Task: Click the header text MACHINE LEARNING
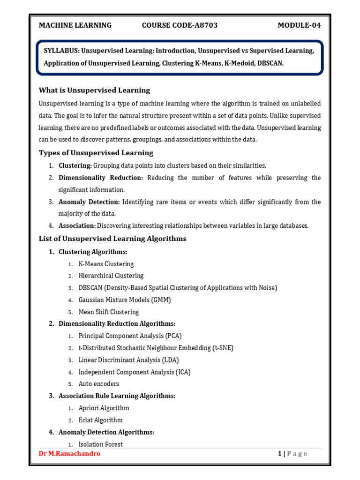(75, 25)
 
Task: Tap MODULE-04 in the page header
(299, 25)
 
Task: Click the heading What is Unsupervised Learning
(94, 90)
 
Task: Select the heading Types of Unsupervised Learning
(96, 153)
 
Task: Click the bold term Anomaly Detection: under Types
(89, 202)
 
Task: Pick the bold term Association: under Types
(77, 225)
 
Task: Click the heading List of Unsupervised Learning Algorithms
(112, 239)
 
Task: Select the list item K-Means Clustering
(106, 264)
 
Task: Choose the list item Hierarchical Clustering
(111, 276)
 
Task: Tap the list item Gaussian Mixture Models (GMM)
(125, 300)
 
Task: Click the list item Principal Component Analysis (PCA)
(130, 336)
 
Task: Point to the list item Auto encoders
(99, 384)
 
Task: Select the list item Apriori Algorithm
(104, 408)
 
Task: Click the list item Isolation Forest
(101, 444)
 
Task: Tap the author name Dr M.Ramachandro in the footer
(69, 454)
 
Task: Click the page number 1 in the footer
(280, 454)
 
